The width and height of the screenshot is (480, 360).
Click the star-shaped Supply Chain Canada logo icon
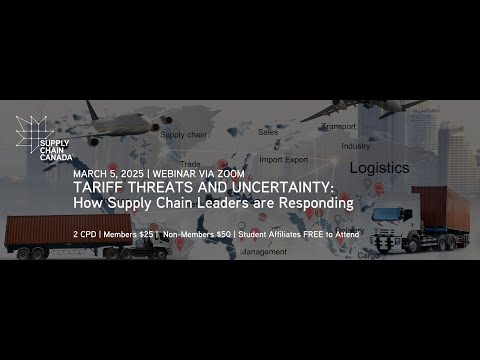33,130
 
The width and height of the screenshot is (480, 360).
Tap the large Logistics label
379,169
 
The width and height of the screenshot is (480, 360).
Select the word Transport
339,127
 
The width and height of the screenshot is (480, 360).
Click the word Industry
355,146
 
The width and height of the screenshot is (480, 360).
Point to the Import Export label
285,159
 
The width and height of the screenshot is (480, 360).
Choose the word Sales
267,132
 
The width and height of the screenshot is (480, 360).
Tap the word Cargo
369,255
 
